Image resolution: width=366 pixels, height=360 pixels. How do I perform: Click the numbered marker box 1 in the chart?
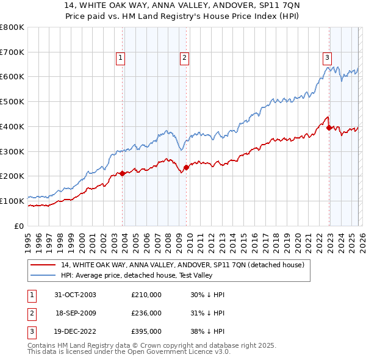tap(120, 58)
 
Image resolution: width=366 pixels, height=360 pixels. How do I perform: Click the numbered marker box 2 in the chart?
tap(184, 58)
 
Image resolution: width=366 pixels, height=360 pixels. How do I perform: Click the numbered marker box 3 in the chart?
tap(327, 58)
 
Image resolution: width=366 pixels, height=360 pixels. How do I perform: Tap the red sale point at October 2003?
tap(123, 173)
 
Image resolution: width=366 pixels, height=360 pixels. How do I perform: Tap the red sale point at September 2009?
tap(186, 167)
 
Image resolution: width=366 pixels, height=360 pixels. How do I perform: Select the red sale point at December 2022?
tap(329, 128)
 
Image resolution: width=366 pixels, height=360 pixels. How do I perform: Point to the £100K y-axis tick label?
tap(12, 201)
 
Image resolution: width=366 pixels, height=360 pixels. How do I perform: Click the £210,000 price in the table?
tap(146, 295)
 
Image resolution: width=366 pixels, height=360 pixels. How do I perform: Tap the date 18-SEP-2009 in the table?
tap(76, 313)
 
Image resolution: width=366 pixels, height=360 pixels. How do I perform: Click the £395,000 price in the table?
tap(146, 331)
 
